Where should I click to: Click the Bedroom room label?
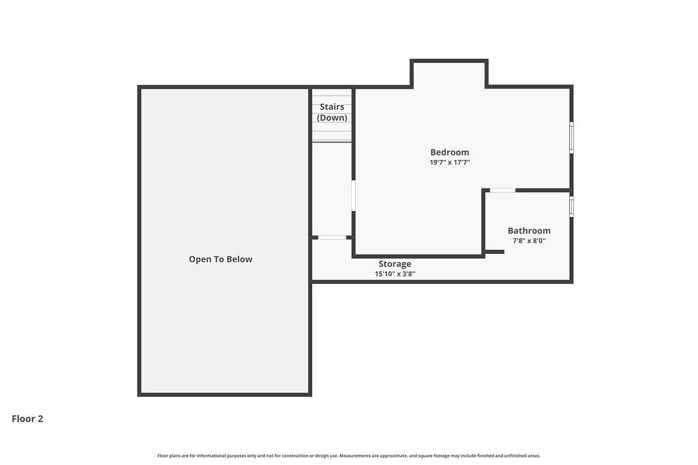tap(450, 152)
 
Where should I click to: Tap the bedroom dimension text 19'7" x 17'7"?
tap(450, 162)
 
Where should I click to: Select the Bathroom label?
tap(529, 230)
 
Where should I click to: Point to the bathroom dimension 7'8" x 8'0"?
tap(529, 240)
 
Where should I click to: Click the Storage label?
tap(395, 263)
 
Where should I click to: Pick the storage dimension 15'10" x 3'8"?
tap(395, 274)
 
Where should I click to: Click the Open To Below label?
tap(220, 259)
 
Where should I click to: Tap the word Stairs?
tap(332, 107)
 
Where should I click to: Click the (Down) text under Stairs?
tap(332, 118)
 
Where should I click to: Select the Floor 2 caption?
tap(27, 419)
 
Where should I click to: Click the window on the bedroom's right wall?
tap(572, 138)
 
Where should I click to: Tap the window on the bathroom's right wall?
tap(572, 207)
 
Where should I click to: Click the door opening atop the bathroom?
tap(502, 190)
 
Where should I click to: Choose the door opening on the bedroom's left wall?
tap(354, 195)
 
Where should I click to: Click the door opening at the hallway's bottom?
tap(332, 238)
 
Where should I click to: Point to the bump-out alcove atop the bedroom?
tap(449, 74)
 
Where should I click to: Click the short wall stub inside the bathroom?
tap(495, 252)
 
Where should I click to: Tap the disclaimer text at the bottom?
tap(349, 455)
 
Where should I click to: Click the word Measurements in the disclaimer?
tap(355, 455)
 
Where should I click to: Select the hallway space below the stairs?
tap(332, 189)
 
